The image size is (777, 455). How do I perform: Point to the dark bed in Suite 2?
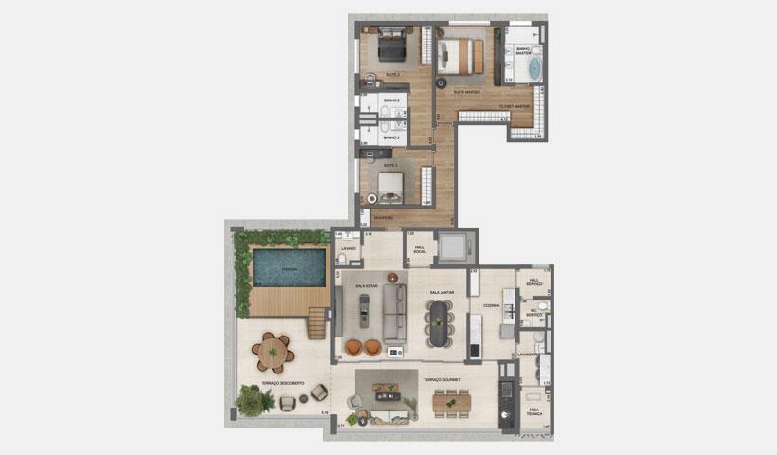(390, 44)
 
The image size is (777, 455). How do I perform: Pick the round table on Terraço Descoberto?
(273, 352)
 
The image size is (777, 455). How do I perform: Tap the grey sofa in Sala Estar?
(393, 314)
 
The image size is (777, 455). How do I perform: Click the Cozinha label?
(491, 305)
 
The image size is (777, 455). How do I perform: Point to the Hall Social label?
(419, 249)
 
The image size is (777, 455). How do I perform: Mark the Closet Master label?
(514, 106)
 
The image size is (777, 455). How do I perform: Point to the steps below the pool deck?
(316, 325)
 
